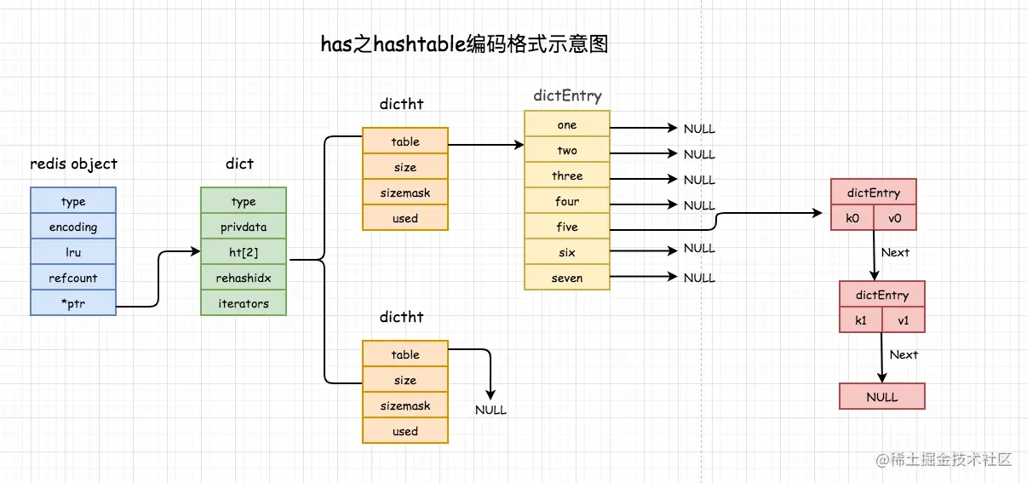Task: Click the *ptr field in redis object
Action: (x=73, y=303)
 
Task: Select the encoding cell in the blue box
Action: (x=73, y=227)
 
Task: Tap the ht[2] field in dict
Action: (x=244, y=253)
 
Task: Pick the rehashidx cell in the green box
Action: (x=244, y=278)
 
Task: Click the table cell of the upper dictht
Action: (x=405, y=141)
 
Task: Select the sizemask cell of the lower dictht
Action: (x=405, y=405)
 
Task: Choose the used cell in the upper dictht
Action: (x=405, y=218)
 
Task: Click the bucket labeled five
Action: (x=567, y=227)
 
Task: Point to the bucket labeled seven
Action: (x=567, y=278)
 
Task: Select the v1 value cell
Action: (x=904, y=320)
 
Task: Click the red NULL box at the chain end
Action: (x=882, y=397)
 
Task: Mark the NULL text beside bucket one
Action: (x=699, y=129)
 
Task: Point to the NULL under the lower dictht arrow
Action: (x=491, y=410)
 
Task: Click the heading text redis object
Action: (x=74, y=164)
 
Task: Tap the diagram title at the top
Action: (x=464, y=45)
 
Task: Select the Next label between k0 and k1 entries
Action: (x=895, y=252)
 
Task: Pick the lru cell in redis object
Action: (x=73, y=253)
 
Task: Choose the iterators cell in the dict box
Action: (x=244, y=303)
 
